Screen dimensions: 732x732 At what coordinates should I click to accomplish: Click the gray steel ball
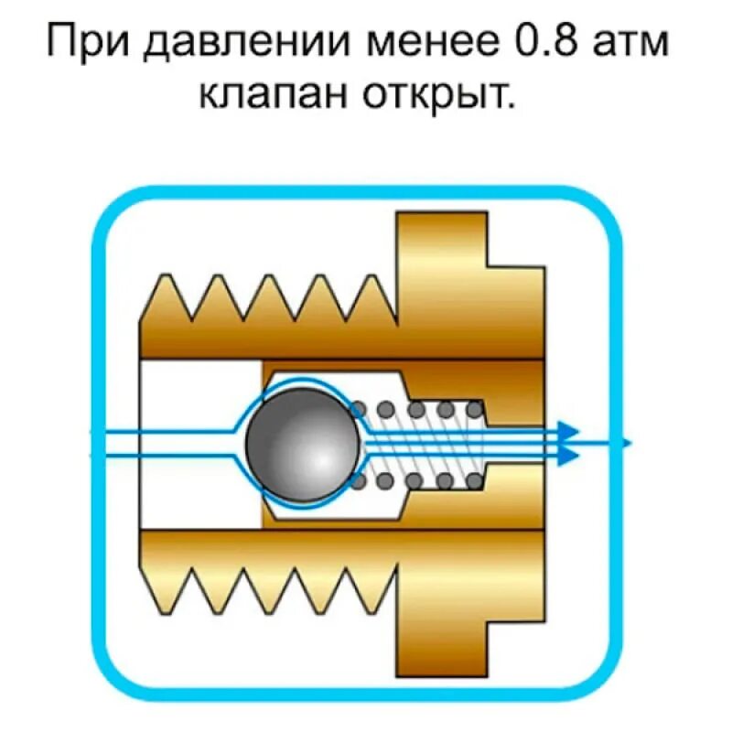point(301,443)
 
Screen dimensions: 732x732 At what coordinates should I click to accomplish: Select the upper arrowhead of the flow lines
point(570,430)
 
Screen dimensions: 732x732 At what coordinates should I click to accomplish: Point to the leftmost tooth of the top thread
point(167,293)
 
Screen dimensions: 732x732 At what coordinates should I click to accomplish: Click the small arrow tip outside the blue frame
point(627,443)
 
